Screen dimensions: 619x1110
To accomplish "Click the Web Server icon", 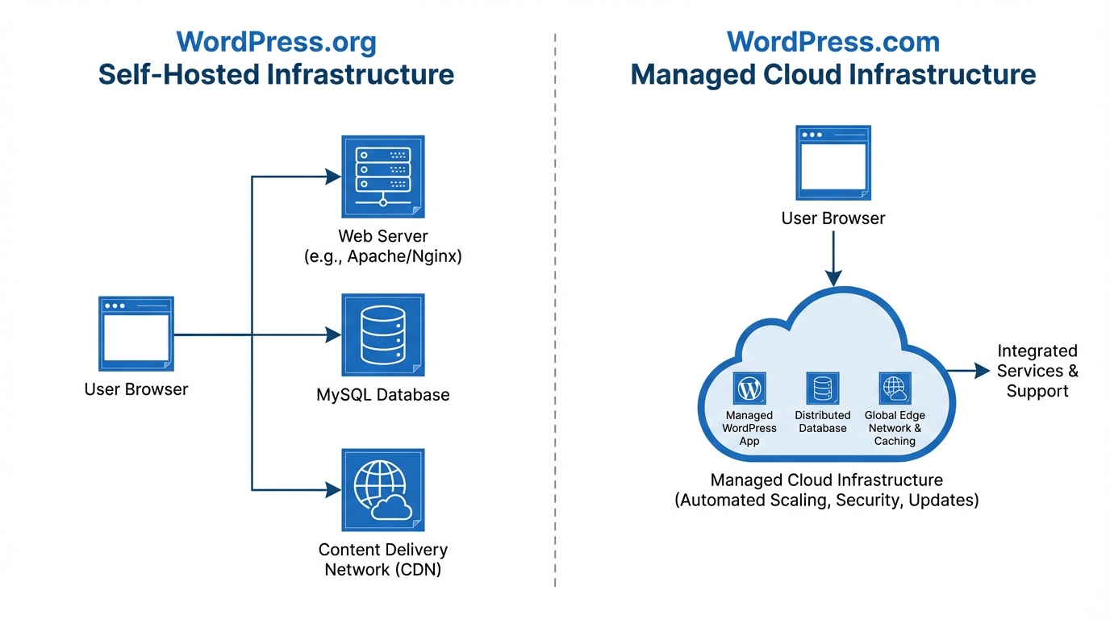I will coord(383,176).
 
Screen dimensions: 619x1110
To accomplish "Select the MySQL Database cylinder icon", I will coord(383,334).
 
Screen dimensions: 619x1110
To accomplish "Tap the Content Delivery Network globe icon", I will coord(383,490).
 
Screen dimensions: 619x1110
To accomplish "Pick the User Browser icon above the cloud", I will coord(833,163).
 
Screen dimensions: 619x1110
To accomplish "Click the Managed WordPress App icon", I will coord(749,388).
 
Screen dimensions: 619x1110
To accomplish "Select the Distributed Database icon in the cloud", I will coord(823,388).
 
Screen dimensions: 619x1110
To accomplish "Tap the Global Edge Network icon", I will coord(895,388).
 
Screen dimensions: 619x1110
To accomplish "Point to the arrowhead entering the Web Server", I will coord(332,177).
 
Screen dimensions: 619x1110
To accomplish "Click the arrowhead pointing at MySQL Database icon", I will coord(332,334).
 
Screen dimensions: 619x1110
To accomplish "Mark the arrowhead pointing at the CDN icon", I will coord(332,489).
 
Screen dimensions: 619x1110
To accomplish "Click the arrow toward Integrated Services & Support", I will coord(972,371).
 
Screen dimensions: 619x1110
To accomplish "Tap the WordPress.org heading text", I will coord(276,42).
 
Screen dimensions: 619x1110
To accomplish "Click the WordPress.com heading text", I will coord(833,42).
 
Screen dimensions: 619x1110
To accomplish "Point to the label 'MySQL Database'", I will coord(383,395).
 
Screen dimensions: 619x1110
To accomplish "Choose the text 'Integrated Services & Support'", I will coord(1037,371).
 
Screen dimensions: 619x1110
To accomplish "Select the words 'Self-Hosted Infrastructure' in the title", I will coord(276,75).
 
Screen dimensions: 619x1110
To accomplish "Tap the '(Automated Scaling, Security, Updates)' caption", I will coord(827,501).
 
